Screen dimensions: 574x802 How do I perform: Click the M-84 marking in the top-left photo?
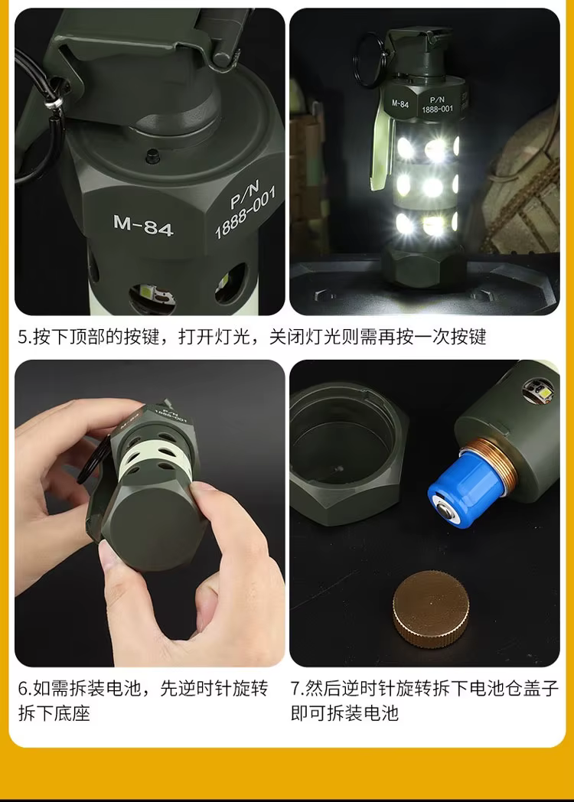142,226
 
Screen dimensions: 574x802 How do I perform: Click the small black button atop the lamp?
152,155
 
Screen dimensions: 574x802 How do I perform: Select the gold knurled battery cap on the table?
431,608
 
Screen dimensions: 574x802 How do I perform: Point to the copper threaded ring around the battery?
494,470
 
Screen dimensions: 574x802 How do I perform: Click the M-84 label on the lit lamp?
400,103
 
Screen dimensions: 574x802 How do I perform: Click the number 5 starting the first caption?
23,337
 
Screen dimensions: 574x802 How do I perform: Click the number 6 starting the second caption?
23,689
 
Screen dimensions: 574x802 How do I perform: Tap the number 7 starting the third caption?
295,689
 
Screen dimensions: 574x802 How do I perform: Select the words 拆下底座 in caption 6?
54,713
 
